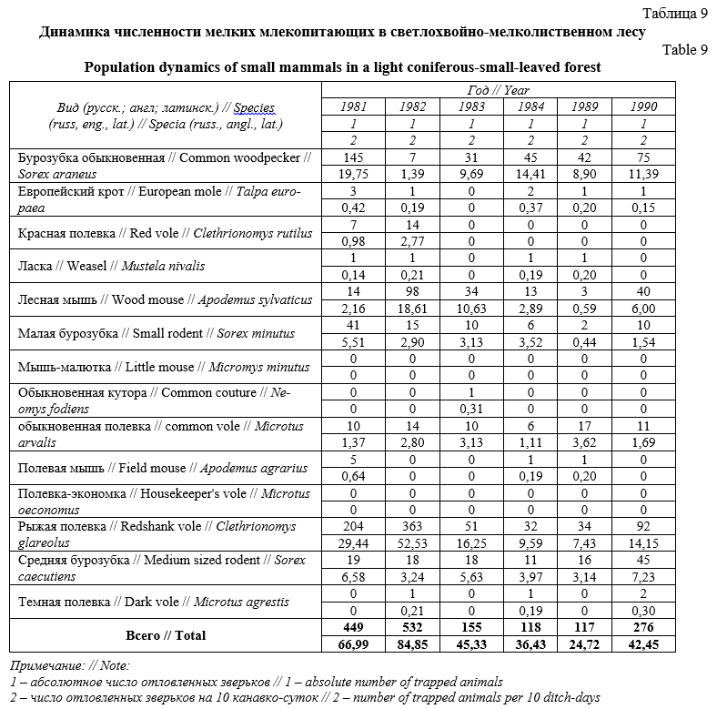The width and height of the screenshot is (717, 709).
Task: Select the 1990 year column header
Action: pos(642,106)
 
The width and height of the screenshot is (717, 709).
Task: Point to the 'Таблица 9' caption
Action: pos(674,14)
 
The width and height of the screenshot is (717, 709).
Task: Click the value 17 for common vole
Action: pos(584,425)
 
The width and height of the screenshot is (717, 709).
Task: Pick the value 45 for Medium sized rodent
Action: pos(642,560)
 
